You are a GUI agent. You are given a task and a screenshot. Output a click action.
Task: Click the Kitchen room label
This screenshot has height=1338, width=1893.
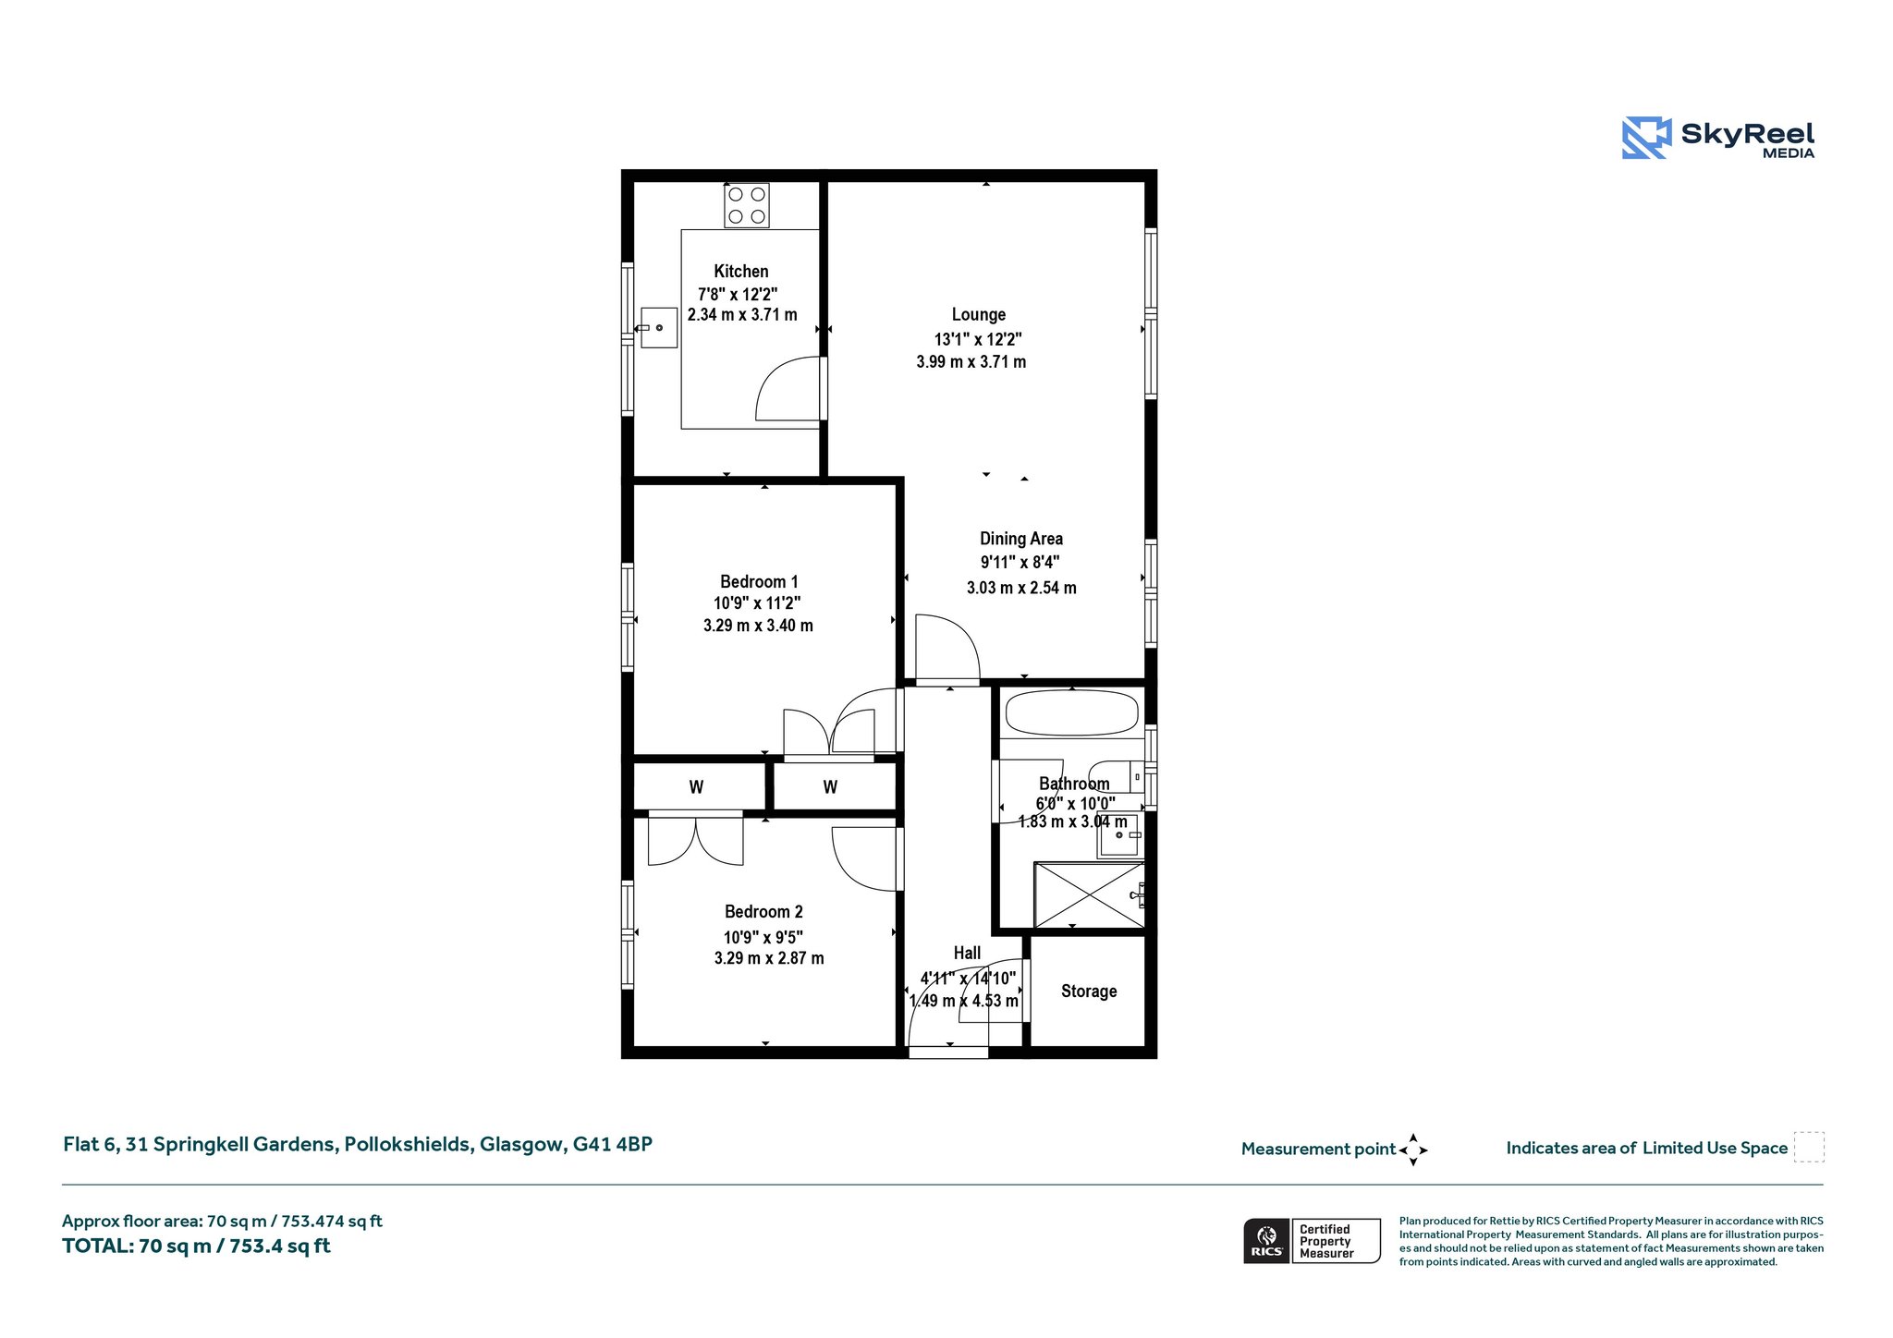[741, 271]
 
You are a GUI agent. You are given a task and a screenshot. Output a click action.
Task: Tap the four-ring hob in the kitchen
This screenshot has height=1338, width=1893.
[747, 205]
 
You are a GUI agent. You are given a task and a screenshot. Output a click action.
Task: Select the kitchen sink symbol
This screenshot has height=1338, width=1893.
[659, 328]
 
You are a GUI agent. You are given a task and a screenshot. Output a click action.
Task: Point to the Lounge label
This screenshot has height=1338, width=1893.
[979, 315]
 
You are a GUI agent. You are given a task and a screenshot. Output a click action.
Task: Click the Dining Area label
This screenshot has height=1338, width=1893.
[1021, 539]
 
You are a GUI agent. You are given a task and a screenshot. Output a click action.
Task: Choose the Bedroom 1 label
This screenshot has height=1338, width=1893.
[759, 581]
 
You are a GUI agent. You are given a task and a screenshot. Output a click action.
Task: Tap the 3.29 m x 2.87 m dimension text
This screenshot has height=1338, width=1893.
[769, 958]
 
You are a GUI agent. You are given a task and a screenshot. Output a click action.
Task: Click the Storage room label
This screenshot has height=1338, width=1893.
[1089, 991]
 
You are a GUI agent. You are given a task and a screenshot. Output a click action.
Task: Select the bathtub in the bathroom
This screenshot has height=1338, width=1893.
[1072, 713]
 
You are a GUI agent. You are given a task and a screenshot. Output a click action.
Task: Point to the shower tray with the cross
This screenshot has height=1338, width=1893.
[1090, 894]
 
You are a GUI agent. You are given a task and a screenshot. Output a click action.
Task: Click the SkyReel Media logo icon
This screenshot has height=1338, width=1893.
[1646, 138]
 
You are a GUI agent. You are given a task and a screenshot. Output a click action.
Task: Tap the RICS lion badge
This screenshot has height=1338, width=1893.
[1267, 1241]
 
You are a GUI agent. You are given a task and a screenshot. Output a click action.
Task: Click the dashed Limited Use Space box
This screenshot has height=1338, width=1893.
[1809, 1148]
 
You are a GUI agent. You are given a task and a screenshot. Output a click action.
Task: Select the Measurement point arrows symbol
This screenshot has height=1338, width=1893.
[1413, 1150]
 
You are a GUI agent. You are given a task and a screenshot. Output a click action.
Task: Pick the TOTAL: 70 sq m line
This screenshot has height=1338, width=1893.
[196, 1246]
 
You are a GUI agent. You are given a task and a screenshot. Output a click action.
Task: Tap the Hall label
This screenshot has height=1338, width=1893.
[967, 953]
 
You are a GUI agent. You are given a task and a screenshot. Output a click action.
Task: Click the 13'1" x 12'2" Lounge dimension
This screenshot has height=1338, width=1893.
[978, 339]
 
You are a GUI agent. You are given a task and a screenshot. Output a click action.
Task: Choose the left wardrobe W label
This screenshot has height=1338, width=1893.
[696, 787]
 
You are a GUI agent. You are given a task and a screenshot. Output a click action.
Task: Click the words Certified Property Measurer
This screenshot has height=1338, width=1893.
[1326, 1241]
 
